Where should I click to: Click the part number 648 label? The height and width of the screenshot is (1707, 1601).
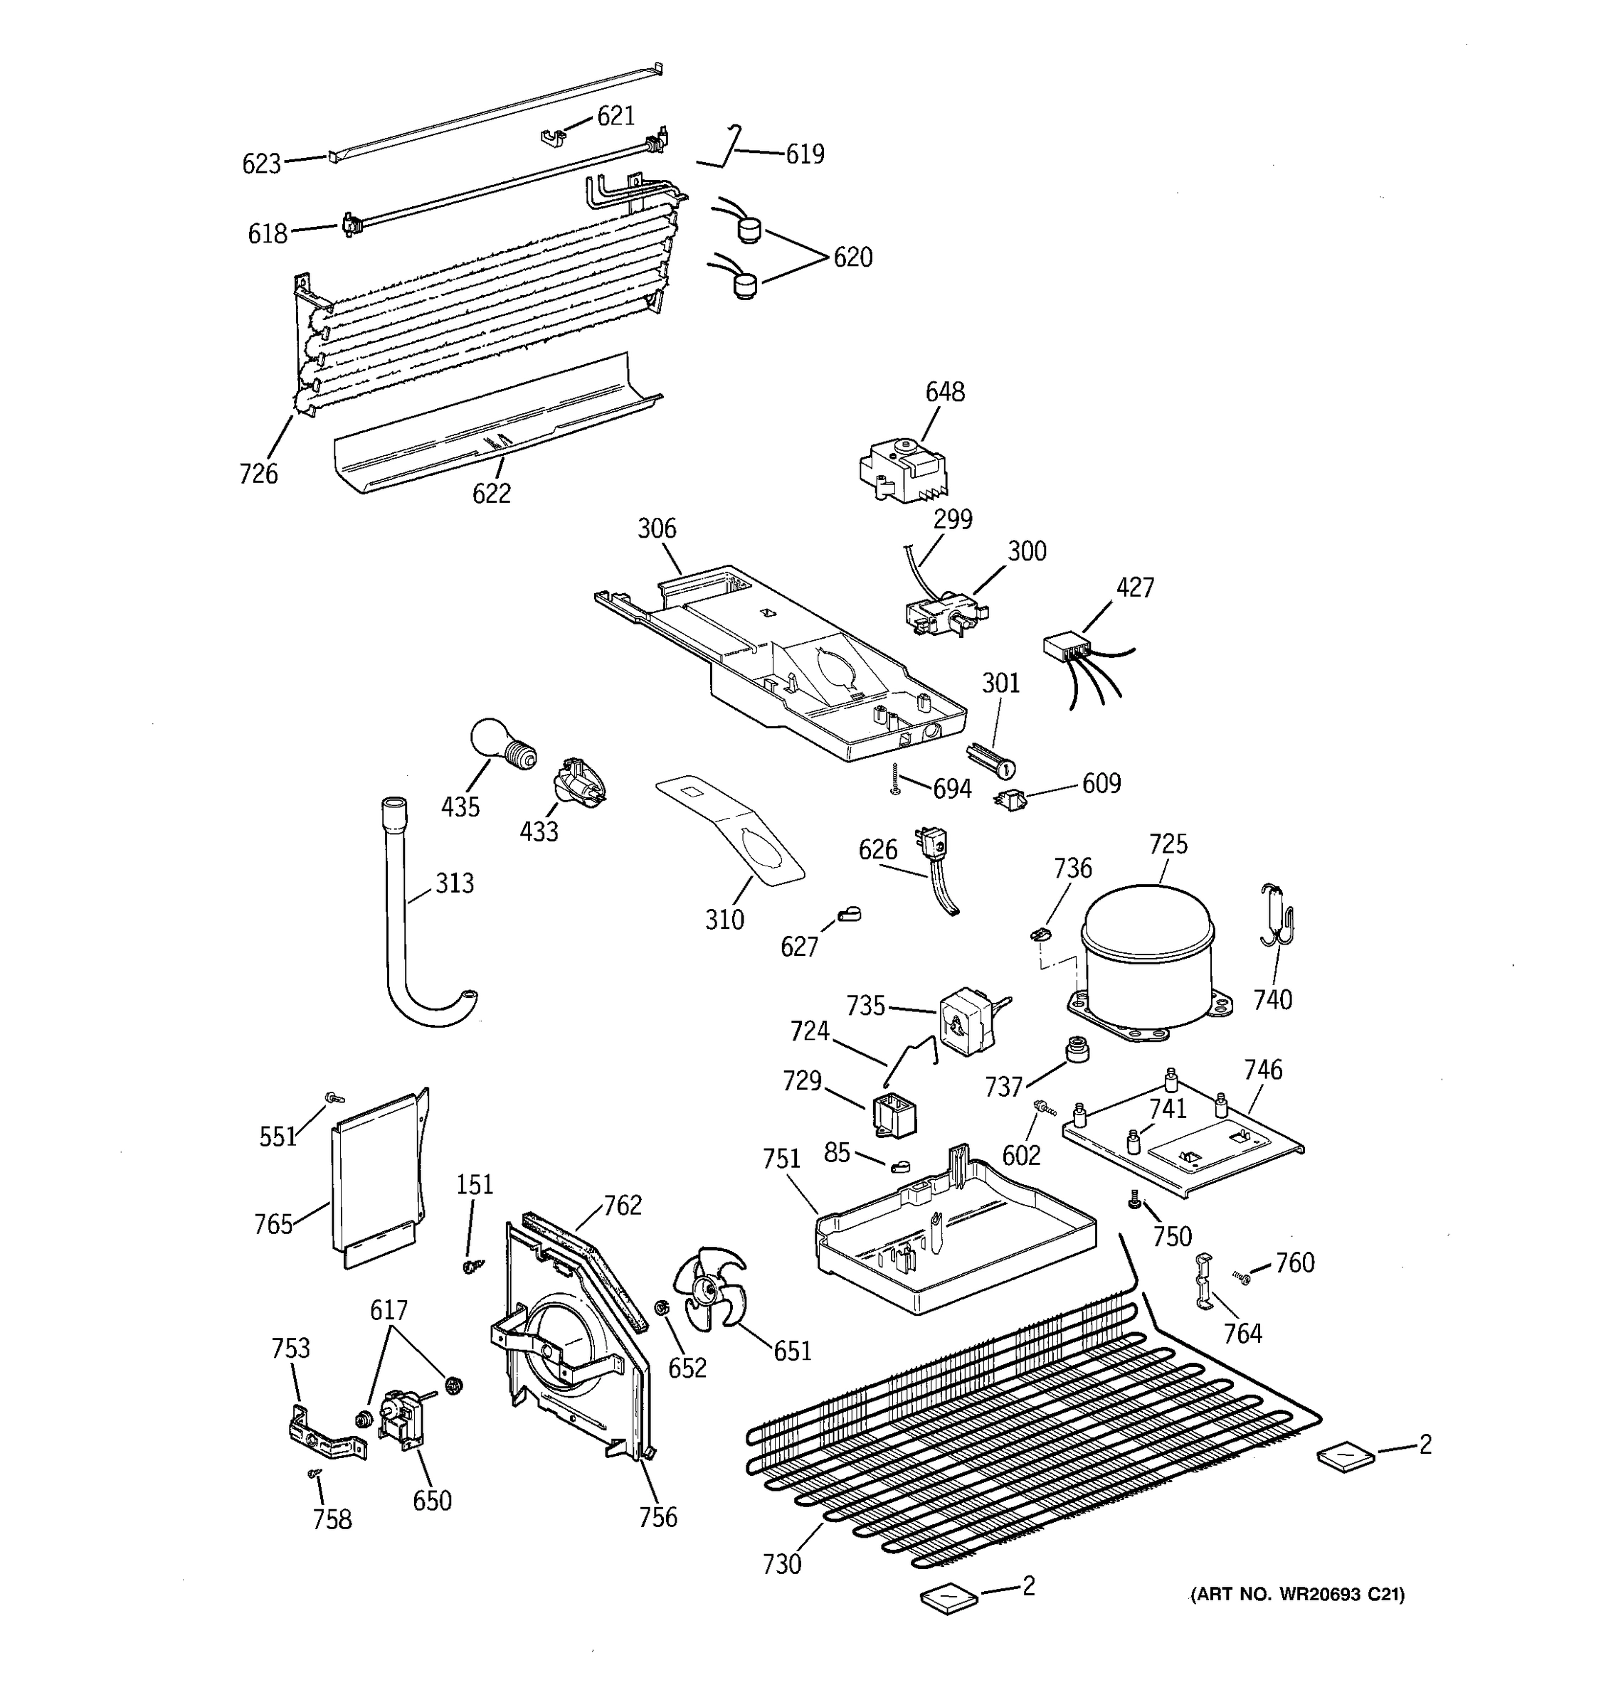coord(944,392)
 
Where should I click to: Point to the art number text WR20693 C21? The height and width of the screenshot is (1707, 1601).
coord(1297,1595)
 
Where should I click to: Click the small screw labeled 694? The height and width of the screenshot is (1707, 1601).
coord(895,779)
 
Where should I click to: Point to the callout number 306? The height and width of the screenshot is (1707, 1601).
coord(656,528)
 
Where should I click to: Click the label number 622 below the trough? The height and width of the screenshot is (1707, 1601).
coord(491,493)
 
